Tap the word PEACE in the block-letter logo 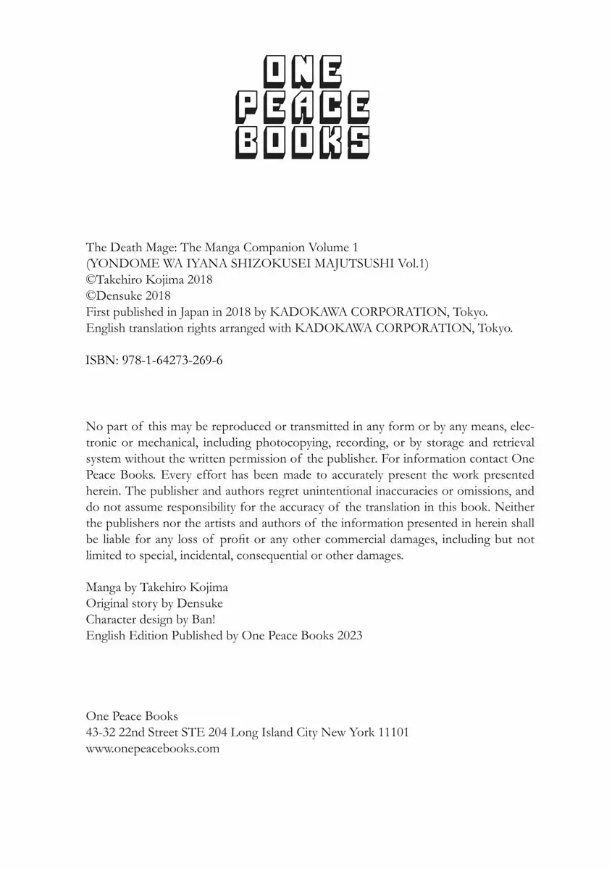304,108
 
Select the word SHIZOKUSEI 276,264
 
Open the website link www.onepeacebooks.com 152,749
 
